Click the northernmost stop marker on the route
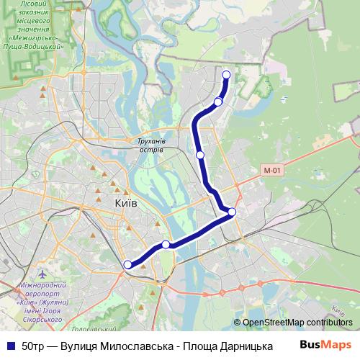226,74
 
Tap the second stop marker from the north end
218,102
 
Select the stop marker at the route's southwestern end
128,265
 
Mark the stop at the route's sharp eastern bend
232,211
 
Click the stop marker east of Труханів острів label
200,154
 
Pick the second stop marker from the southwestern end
166,245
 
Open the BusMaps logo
325,345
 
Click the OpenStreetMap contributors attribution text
296,323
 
